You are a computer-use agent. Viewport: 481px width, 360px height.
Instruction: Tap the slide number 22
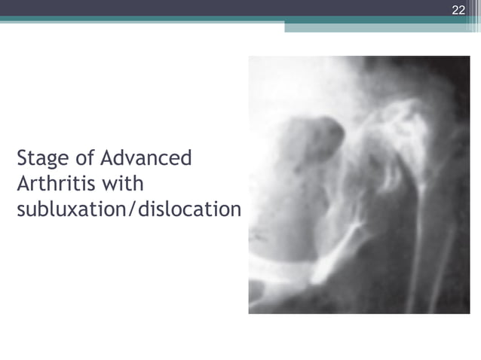point(458,10)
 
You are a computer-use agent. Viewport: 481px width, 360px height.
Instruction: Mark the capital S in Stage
point(22,160)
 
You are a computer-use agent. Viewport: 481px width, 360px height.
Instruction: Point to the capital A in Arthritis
point(23,184)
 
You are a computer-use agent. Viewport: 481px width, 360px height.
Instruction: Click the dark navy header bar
point(226,8)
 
